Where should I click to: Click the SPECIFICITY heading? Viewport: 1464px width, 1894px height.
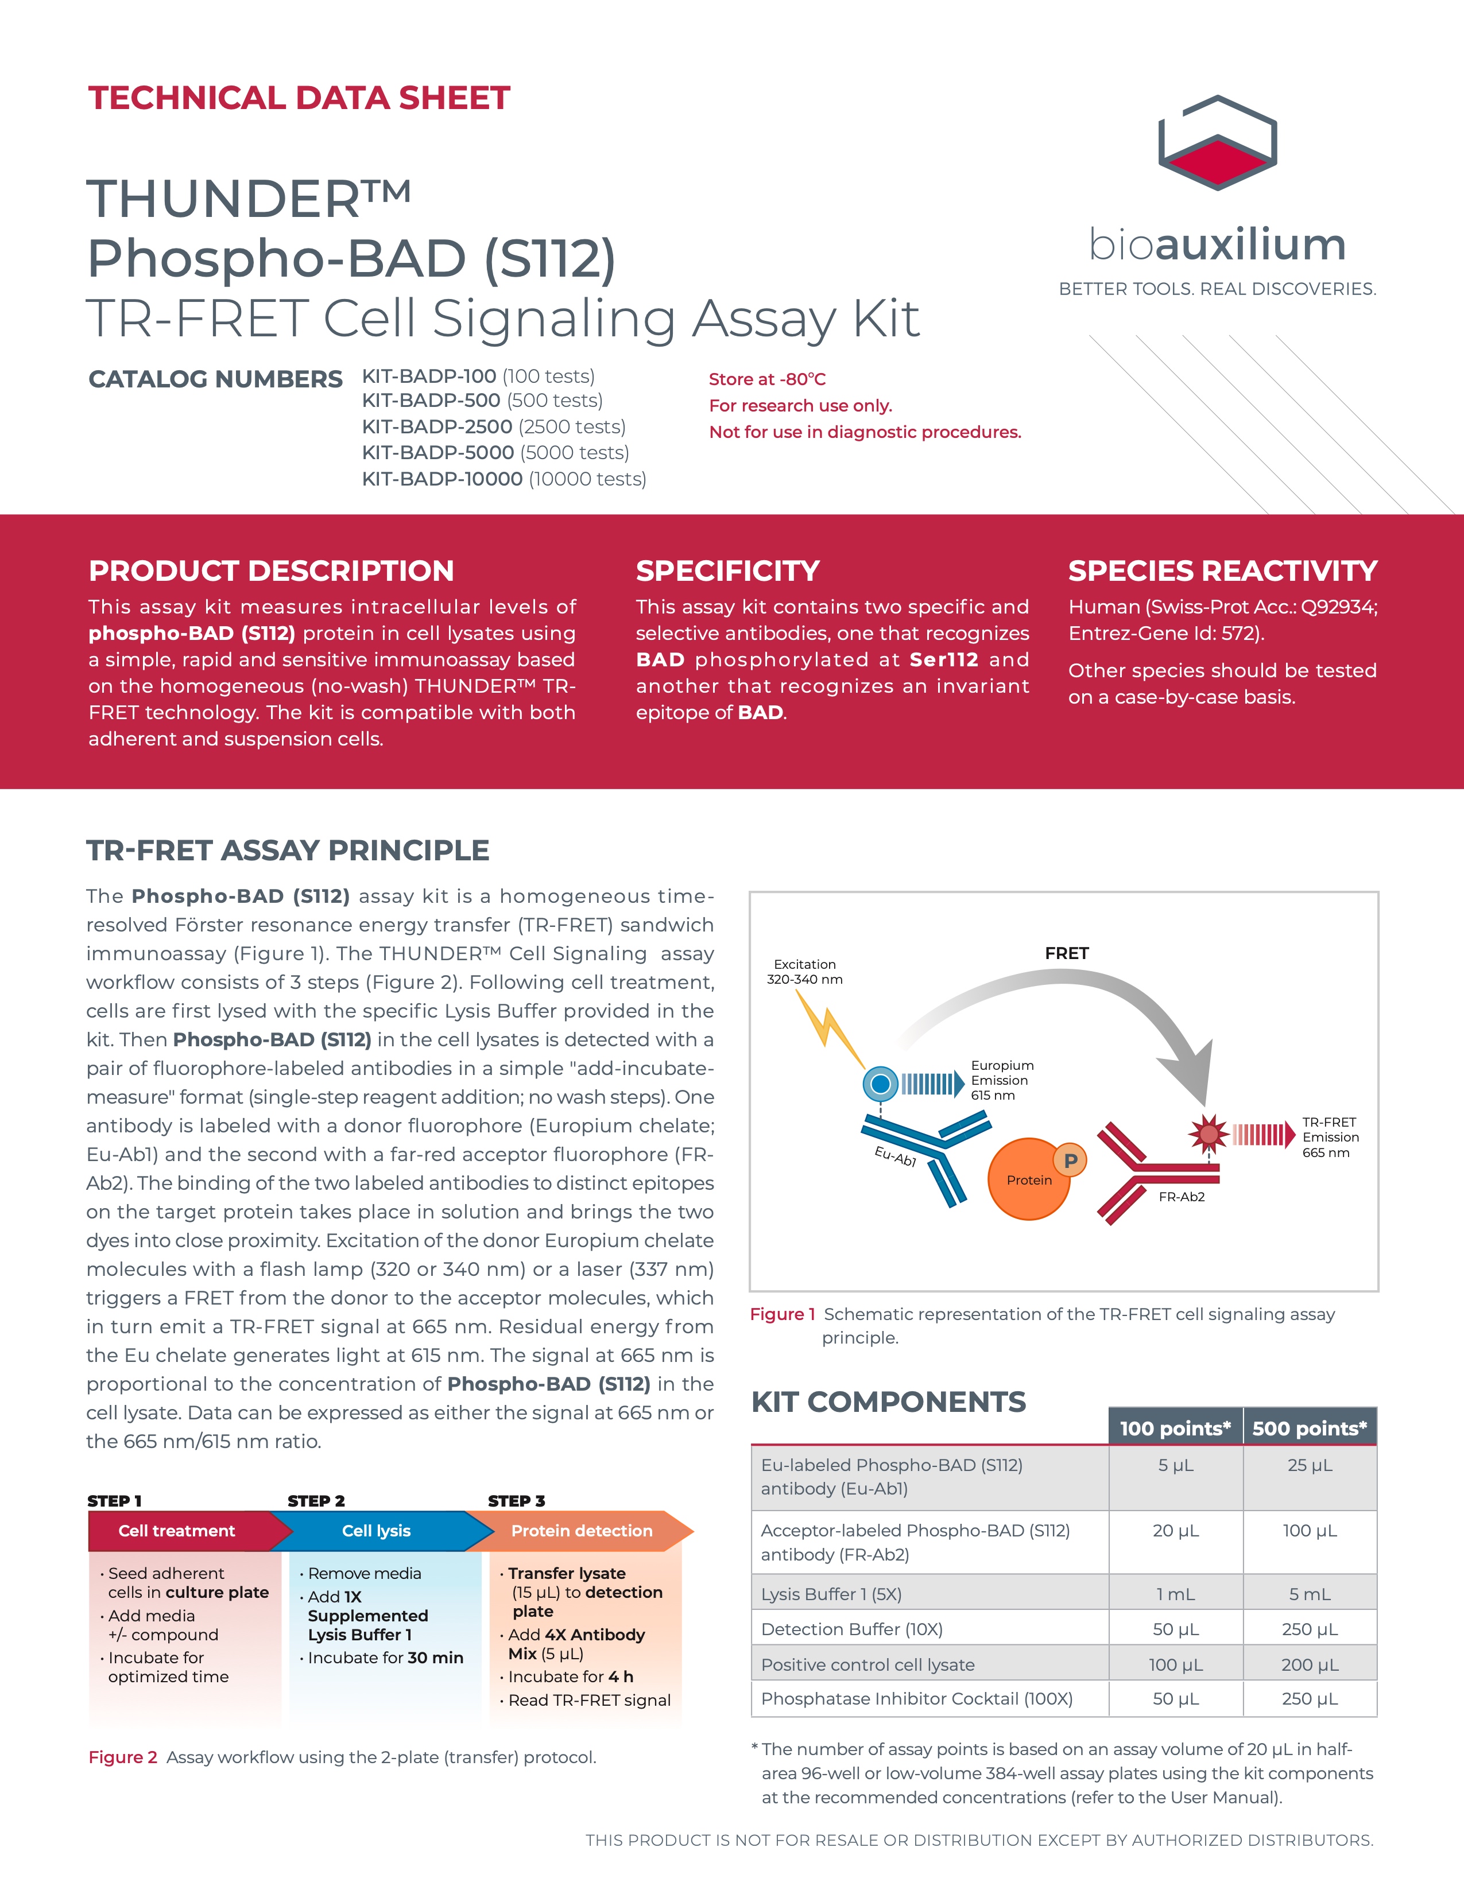pos(727,570)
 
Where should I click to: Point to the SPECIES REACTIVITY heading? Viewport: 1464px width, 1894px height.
pos(1222,570)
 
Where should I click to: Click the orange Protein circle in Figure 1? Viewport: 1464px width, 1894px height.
pos(1028,1180)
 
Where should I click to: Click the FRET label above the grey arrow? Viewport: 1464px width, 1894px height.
pos(1066,953)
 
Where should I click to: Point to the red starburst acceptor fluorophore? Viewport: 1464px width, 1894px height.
pos(1208,1134)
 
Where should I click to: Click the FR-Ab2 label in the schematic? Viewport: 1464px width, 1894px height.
pos(1182,1197)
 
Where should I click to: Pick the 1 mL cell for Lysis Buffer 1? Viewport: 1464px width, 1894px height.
pos(1175,1594)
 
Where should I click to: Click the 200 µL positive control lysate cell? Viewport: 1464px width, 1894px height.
pos(1310,1665)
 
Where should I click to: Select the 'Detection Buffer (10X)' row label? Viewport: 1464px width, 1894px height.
pos(851,1629)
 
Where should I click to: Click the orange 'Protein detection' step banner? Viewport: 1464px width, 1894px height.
pos(581,1531)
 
